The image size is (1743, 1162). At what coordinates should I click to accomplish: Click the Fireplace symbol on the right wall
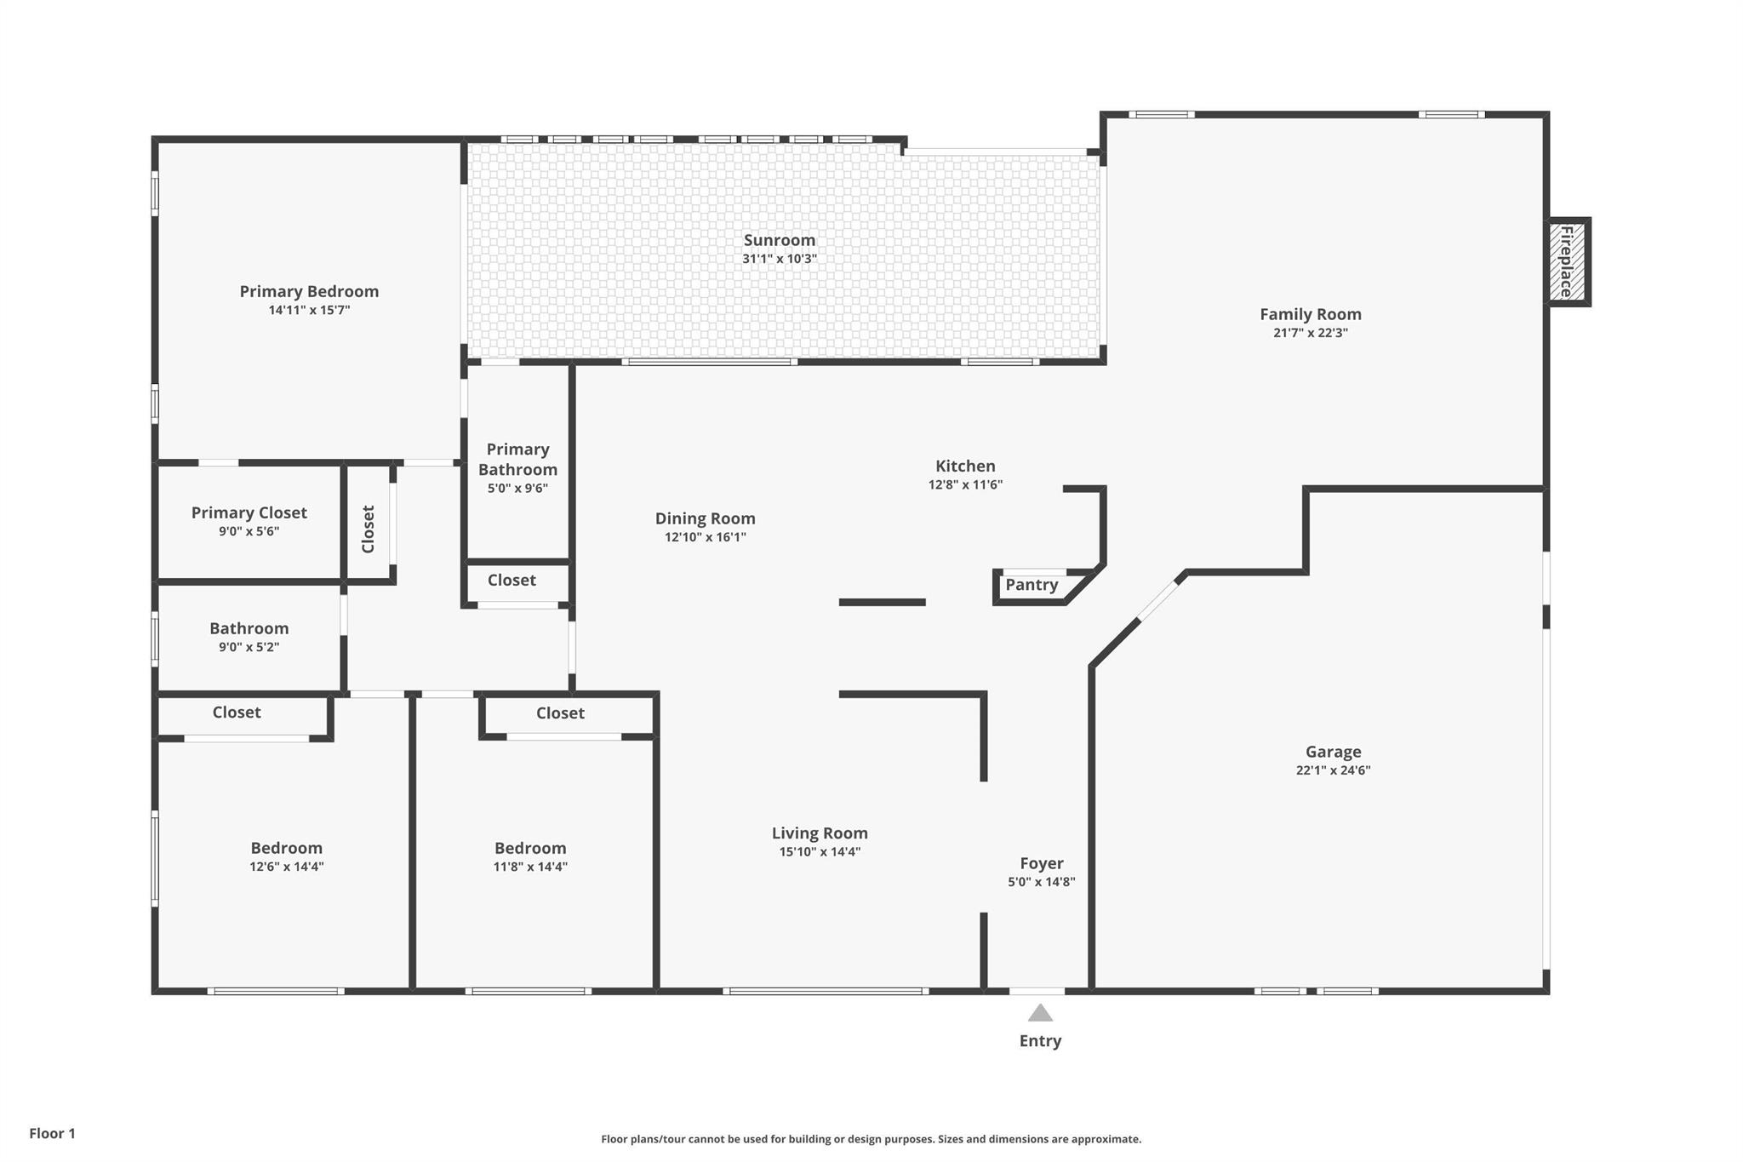tap(1568, 261)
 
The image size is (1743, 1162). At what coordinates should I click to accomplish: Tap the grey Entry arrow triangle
tap(1040, 1012)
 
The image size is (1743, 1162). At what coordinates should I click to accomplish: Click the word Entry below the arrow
tap(1040, 1041)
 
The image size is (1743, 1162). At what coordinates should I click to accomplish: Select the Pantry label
tap(1032, 585)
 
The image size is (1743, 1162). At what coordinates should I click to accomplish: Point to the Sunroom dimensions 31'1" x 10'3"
tap(780, 259)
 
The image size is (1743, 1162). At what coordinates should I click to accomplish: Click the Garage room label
tap(1334, 752)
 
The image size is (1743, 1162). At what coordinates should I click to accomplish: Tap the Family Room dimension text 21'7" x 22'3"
tap(1311, 333)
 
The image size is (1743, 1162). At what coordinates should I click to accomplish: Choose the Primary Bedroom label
tap(309, 291)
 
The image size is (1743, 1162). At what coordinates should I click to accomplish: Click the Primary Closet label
tap(249, 512)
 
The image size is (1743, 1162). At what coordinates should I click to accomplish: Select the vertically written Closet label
tap(369, 529)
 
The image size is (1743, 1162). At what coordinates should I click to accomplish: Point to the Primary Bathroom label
tap(517, 459)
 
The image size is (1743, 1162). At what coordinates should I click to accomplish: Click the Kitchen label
tap(965, 466)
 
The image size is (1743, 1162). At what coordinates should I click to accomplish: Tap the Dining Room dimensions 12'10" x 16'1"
tap(706, 537)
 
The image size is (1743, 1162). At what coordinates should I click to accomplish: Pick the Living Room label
tap(820, 833)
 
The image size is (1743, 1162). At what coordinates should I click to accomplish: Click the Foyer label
tap(1042, 863)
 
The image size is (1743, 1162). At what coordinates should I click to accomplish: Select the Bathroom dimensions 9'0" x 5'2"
tap(249, 647)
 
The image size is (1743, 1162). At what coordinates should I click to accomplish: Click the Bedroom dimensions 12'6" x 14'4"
tap(287, 867)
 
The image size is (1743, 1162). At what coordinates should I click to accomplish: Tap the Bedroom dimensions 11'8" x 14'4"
tap(530, 867)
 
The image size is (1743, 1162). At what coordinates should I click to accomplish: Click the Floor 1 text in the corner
tap(53, 1133)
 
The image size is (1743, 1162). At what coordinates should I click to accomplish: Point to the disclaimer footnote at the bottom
tap(871, 1139)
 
